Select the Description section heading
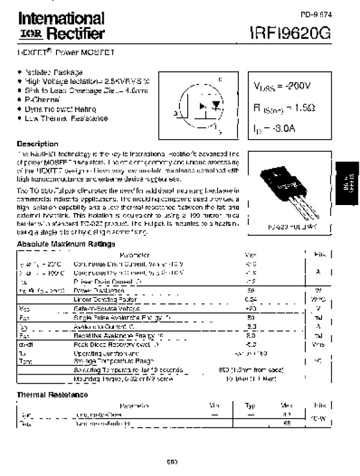tap(37, 144)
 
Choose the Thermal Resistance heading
tap(52, 394)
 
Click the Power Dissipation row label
tap(96, 290)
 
